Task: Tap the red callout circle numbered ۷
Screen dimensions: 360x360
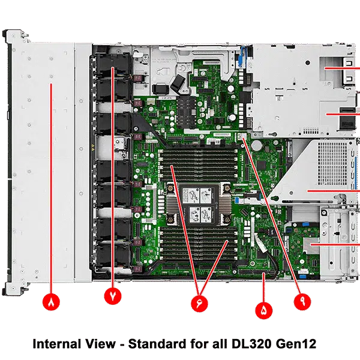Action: [113, 296]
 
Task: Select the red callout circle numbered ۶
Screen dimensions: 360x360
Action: [199, 303]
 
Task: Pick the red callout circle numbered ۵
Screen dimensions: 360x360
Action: [264, 310]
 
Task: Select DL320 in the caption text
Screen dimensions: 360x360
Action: [251, 344]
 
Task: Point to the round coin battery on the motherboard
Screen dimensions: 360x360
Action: [256, 145]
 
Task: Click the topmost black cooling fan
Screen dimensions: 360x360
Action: [113, 65]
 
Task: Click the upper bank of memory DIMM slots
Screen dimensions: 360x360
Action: [199, 163]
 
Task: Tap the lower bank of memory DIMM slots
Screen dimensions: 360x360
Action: [199, 243]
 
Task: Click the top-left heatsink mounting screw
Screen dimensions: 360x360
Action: [170, 188]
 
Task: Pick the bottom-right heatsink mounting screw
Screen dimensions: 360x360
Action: [227, 220]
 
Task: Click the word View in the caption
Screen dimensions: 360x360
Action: [101, 344]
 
